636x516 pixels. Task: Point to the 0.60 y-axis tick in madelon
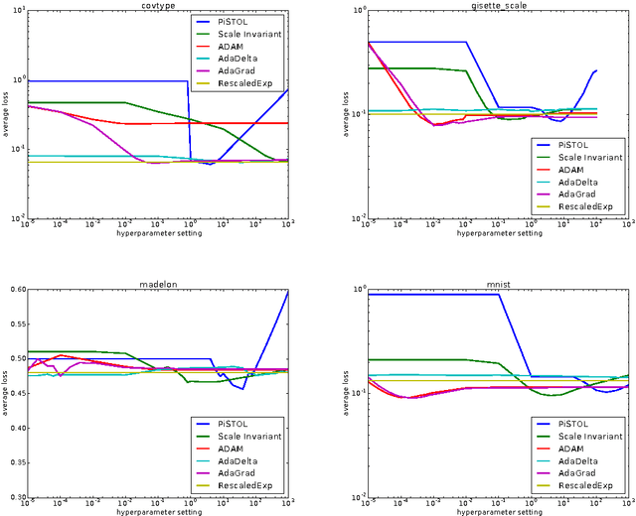coord(18,290)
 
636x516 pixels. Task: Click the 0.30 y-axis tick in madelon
coord(18,497)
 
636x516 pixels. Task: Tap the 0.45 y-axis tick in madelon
coord(18,394)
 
